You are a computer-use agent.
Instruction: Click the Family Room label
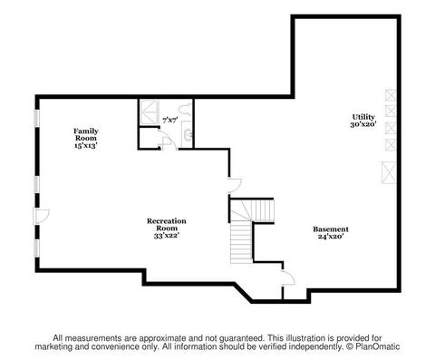(86, 134)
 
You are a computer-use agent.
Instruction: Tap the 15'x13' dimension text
(86, 145)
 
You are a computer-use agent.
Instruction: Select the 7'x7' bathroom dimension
(169, 121)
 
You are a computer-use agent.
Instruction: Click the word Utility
(363, 117)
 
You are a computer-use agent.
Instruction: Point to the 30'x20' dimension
(363, 124)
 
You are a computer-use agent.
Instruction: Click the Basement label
(331, 229)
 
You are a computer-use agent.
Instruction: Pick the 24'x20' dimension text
(331, 237)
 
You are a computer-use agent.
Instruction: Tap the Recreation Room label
(167, 225)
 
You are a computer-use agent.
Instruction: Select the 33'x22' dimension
(167, 236)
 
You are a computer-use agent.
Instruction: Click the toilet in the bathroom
(185, 109)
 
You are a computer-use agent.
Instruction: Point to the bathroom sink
(188, 134)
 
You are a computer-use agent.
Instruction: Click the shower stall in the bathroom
(150, 112)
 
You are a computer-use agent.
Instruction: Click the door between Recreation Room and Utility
(235, 185)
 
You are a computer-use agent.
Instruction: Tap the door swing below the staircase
(287, 277)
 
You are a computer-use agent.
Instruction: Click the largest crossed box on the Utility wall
(389, 172)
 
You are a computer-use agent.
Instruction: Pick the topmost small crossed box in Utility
(391, 95)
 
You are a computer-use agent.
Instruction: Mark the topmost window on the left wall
(37, 118)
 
